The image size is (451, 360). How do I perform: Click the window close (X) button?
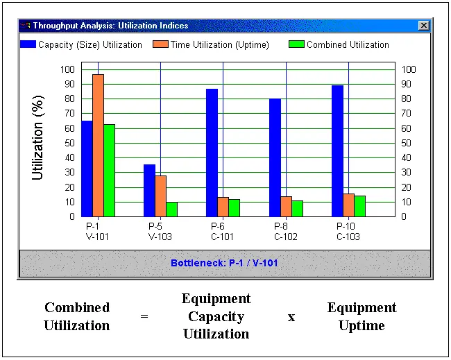424,26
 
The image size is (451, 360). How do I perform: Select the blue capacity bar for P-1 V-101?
87,169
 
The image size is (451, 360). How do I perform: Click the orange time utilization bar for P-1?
98,146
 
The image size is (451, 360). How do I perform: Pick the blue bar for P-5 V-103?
149,190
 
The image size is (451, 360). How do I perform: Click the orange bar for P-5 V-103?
160,196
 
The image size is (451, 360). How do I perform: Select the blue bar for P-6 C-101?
212,153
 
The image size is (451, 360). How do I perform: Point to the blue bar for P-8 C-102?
275,157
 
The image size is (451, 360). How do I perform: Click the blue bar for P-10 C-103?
337,151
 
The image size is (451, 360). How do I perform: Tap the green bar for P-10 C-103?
359,206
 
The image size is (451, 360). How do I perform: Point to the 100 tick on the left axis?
67,69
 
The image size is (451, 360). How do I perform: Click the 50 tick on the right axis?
408,143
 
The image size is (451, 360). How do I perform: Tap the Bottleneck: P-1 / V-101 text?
224,264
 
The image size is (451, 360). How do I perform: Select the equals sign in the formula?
144,316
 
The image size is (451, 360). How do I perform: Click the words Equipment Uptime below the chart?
361,316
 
